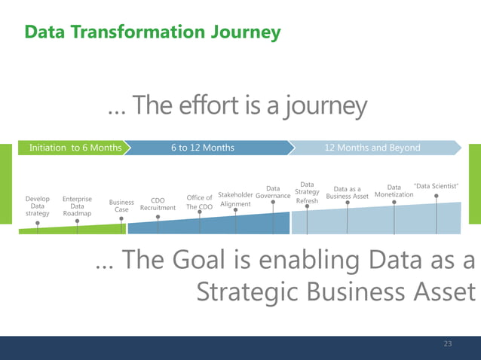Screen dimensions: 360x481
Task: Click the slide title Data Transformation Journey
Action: click(152, 32)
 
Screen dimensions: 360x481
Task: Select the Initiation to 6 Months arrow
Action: click(75, 148)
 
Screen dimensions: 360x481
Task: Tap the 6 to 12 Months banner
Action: click(202, 148)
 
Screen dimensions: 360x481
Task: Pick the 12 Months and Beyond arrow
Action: click(372, 148)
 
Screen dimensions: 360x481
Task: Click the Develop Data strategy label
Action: click(37, 206)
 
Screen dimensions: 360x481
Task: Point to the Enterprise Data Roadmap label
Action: click(77, 206)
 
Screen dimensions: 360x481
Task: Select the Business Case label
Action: click(121, 206)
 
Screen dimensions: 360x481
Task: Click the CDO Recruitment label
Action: click(158, 204)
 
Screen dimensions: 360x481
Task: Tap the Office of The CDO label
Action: click(199, 202)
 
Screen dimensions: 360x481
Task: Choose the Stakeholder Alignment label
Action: click(235, 199)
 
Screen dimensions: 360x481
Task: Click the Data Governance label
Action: click(273, 192)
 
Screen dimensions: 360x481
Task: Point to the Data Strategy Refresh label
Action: click(307, 193)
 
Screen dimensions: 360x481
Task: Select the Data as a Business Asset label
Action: click(347, 193)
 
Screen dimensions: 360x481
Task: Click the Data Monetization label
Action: click(394, 191)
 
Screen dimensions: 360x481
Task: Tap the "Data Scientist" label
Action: click(437, 186)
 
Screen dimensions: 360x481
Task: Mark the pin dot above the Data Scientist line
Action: click(437, 197)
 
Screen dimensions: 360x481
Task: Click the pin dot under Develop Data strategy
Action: click(38, 223)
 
